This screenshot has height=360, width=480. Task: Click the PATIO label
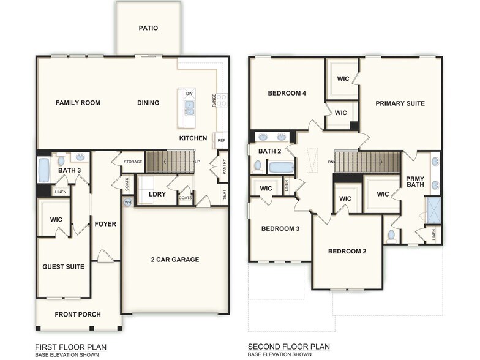click(x=148, y=28)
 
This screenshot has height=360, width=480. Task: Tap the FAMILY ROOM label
click(x=78, y=103)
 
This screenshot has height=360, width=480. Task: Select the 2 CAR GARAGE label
click(x=175, y=260)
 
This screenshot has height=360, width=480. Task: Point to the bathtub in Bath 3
click(x=44, y=170)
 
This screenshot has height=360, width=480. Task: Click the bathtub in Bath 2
click(x=282, y=167)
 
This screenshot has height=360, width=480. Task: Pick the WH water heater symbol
click(x=128, y=202)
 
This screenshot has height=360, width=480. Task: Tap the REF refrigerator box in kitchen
click(x=221, y=140)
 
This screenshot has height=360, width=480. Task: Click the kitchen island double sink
click(x=190, y=108)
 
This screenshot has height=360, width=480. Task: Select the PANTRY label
click(x=224, y=167)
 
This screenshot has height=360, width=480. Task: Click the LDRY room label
click(x=157, y=194)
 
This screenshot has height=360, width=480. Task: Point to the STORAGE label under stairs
click(x=133, y=162)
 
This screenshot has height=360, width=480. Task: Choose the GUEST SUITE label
click(x=63, y=267)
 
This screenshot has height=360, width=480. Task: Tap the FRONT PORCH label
click(x=78, y=315)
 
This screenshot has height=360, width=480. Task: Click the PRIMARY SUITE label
click(x=400, y=103)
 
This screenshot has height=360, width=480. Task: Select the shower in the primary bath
click(x=434, y=208)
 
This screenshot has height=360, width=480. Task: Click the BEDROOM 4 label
click(x=287, y=93)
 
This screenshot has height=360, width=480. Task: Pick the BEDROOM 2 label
click(x=347, y=251)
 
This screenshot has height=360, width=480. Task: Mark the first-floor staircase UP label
click(x=197, y=162)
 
